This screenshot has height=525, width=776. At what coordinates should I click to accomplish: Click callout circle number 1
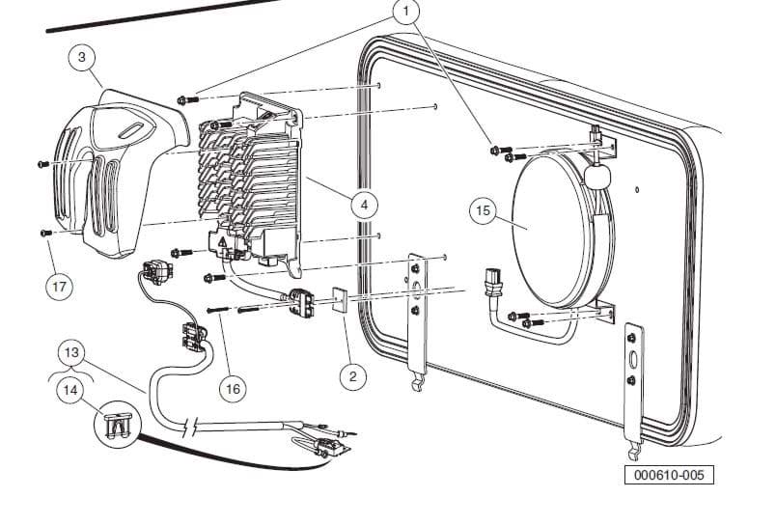[407, 13]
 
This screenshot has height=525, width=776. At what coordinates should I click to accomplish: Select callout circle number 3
[82, 57]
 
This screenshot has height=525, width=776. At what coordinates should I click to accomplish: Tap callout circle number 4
[364, 205]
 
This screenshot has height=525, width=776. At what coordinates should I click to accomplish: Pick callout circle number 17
[60, 286]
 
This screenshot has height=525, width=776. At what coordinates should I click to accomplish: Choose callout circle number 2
[352, 376]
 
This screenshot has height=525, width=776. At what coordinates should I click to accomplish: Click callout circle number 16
[232, 389]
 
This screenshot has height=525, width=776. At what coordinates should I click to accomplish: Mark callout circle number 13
[69, 353]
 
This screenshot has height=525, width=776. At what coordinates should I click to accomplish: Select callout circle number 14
[69, 389]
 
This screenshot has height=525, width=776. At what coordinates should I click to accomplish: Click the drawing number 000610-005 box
[668, 476]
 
